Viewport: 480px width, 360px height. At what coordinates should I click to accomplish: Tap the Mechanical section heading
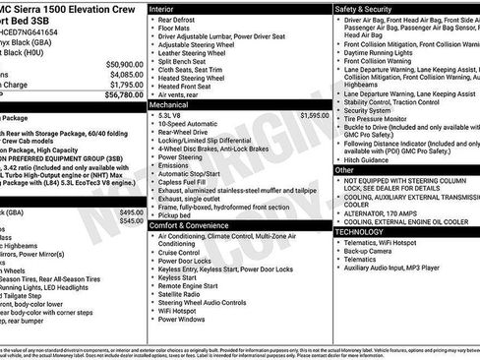(168, 102)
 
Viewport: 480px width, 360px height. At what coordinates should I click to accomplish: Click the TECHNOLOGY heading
(366, 231)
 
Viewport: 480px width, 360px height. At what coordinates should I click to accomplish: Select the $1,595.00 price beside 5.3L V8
(314, 115)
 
